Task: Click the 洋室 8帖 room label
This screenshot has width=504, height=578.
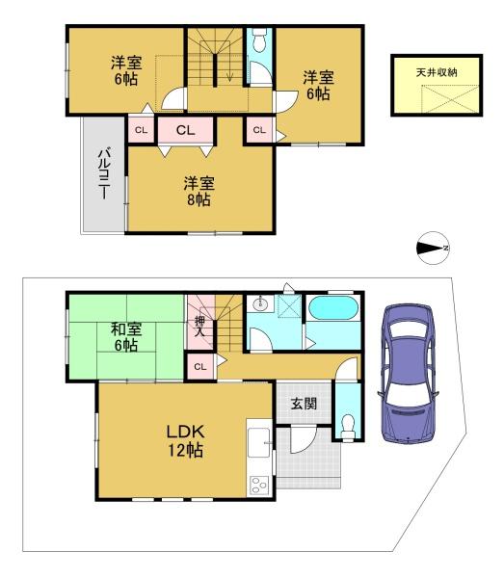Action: (199, 191)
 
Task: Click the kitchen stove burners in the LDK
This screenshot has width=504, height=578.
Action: (260, 484)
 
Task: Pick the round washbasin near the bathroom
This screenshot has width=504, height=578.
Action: (259, 304)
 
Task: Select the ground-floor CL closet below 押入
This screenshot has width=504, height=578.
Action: (199, 366)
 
